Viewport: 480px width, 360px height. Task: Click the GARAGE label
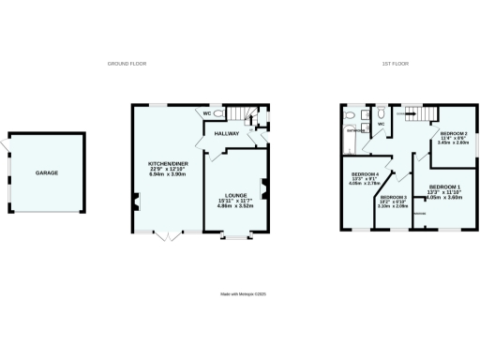(x=47, y=173)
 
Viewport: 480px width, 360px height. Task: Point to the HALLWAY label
(x=228, y=134)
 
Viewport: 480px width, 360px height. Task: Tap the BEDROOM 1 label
(x=445, y=187)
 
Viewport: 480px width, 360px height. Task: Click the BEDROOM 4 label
(x=365, y=173)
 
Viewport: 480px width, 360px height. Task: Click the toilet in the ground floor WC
(x=217, y=114)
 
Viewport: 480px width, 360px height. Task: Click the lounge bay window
(x=235, y=236)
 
